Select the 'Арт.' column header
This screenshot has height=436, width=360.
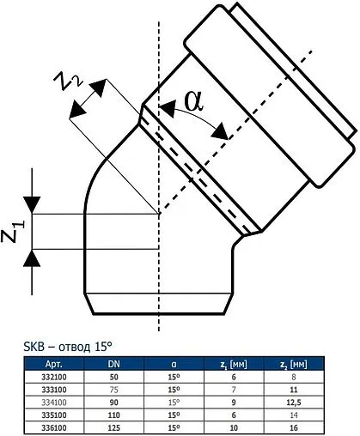tap(44, 364)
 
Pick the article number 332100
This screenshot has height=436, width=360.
tap(44, 377)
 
